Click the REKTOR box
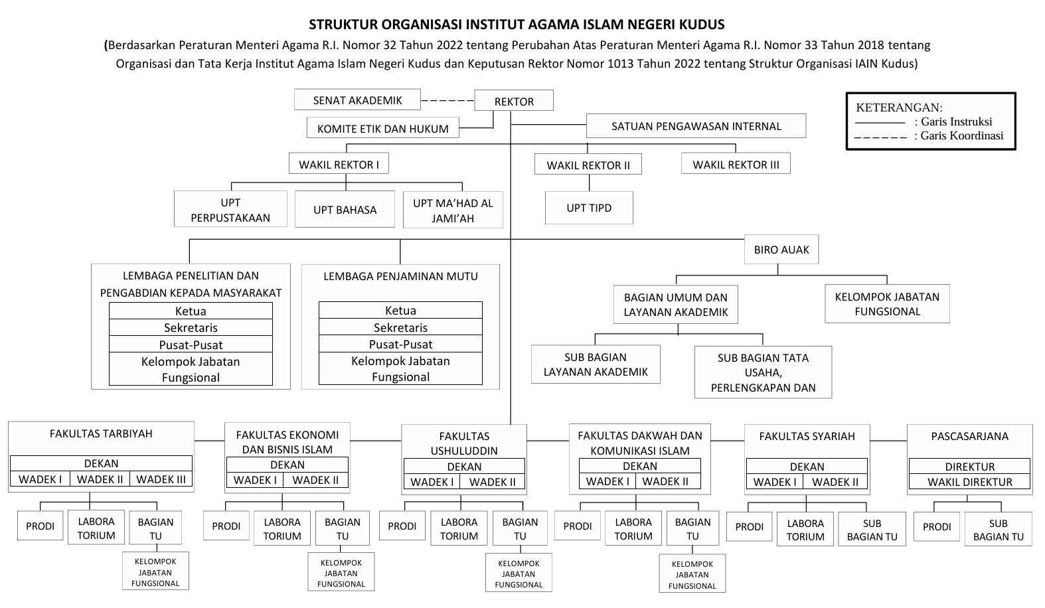pyautogui.click(x=514, y=101)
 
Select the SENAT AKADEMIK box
pyautogui.click(x=357, y=100)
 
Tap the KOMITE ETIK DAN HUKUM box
pyautogui.click(x=382, y=128)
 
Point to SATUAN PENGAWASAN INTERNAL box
pyautogui.click(x=696, y=126)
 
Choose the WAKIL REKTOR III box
pyautogui.click(x=736, y=164)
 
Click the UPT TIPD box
pyautogui.click(x=589, y=208)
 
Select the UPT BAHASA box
pyautogui.click(x=345, y=209)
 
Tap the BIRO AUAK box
pyautogui.click(x=781, y=250)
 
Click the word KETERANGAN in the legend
pyautogui.click(x=899, y=108)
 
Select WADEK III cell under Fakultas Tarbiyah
pyautogui.click(x=161, y=479)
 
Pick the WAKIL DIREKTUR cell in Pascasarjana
pyautogui.click(x=969, y=482)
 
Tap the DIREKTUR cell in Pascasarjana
pyautogui.click(x=969, y=466)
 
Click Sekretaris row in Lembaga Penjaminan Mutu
pyautogui.click(x=400, y=327)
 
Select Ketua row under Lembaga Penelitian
pyautogui.click(x=191, y=311)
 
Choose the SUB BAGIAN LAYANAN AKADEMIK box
pyautogui.click(x=596, y=364)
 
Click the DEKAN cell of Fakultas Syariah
pyautogui.click(x=807, y=466)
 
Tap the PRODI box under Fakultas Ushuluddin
pyautogui.click(x=402, y=526)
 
